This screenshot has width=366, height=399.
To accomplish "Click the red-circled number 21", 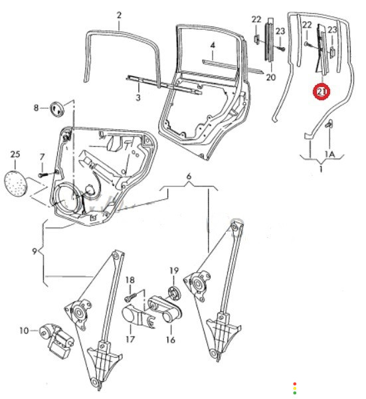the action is point(321,91).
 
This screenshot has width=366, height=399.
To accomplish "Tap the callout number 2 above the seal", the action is point(119,15).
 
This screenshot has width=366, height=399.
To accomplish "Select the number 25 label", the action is point(15,154).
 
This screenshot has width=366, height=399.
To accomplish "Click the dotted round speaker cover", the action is point(16,184).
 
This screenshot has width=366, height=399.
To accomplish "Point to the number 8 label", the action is point(36,108).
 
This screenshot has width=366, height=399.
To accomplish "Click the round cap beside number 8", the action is point(57,109).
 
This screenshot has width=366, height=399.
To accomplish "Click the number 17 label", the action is point(130,339).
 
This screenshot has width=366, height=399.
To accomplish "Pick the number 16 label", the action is point(171,340).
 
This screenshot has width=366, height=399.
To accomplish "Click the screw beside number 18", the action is point(130,297).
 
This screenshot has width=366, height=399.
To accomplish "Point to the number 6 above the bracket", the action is point(189,177).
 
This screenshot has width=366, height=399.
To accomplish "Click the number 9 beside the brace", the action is point(35,252).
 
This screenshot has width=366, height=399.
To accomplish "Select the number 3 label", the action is point(138,97).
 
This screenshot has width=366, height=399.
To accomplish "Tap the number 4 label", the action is point(213,46).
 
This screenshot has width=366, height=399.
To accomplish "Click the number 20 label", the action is point(271,77).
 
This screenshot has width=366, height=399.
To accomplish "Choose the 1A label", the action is point(329,154).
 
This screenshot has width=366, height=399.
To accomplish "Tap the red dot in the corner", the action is point(294,384).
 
